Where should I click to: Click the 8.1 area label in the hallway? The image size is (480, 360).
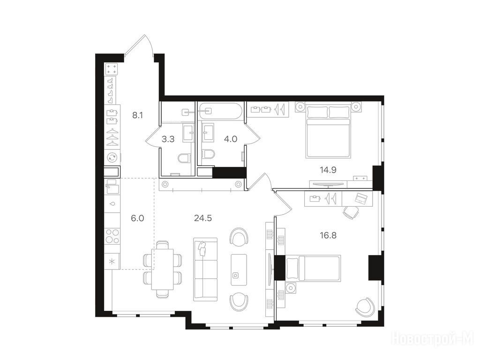137,115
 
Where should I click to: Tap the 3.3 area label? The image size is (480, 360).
168,139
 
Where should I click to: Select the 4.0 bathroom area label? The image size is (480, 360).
231,139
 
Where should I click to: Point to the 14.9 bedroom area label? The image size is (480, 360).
328,170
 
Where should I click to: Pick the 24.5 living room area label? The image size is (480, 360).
203,218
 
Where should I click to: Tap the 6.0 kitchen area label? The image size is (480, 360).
137,218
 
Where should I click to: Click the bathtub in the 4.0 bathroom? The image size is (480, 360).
220,111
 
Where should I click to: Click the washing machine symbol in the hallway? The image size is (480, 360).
112,157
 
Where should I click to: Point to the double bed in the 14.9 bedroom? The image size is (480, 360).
328,132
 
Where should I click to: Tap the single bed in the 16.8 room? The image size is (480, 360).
313,268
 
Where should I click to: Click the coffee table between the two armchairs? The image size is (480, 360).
239,270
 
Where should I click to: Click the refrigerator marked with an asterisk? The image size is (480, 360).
112,262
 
